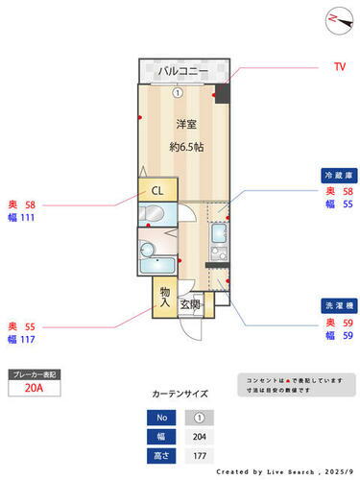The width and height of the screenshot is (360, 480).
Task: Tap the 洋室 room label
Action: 186,125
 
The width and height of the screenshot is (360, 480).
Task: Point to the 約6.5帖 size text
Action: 186,147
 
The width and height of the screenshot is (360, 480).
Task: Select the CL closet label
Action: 156,190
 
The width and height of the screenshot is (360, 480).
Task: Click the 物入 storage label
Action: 165,297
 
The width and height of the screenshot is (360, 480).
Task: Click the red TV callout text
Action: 339,67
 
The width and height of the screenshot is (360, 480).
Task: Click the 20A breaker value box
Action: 34,389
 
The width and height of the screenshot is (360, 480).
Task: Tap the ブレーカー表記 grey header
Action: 34,373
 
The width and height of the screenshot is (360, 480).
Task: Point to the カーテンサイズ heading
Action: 180,394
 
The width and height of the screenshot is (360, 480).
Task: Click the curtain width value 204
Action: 199,436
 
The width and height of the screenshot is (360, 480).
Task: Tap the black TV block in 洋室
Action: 223,94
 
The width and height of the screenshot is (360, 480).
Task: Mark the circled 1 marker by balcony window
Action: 179,93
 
